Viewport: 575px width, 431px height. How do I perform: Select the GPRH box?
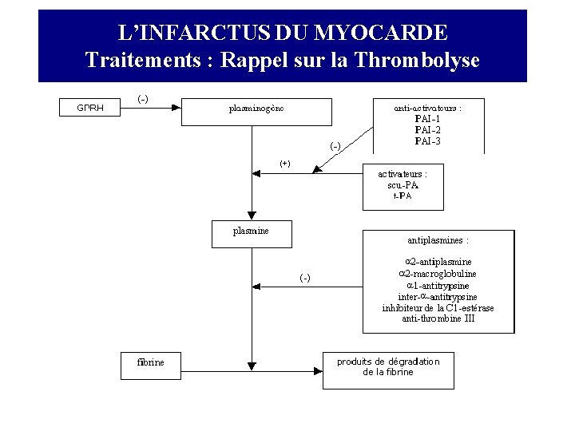tap(89, 107)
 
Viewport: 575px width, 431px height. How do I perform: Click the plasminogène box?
tap(256, 111)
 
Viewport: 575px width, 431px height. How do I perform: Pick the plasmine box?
tap(251, 233)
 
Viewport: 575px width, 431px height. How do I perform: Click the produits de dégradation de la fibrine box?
tap(388, 370)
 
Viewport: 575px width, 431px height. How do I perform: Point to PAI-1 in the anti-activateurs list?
tap(428, 119)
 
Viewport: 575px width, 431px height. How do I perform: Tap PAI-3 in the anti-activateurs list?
tap(428, 141)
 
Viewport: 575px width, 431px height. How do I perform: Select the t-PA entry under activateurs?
tap(402, 196)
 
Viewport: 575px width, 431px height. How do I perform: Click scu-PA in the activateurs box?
tap(402, 184)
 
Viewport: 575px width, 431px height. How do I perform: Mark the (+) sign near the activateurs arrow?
tap(285, 164)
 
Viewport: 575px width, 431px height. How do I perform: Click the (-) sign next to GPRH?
tap(142, 99)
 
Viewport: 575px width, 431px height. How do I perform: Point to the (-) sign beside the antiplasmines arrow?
tap(305, 278)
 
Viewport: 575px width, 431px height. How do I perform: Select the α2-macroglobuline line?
tap(438, 273)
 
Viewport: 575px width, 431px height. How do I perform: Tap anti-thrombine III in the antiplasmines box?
tap(438, 318)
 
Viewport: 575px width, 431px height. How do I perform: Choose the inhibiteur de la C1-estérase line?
tap(438, 307)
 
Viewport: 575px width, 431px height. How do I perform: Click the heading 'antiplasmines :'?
tap(438, 239)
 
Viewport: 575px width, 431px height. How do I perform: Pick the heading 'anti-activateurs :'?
tap(428, 106)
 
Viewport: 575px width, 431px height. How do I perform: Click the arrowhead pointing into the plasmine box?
tap(252, 215)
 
